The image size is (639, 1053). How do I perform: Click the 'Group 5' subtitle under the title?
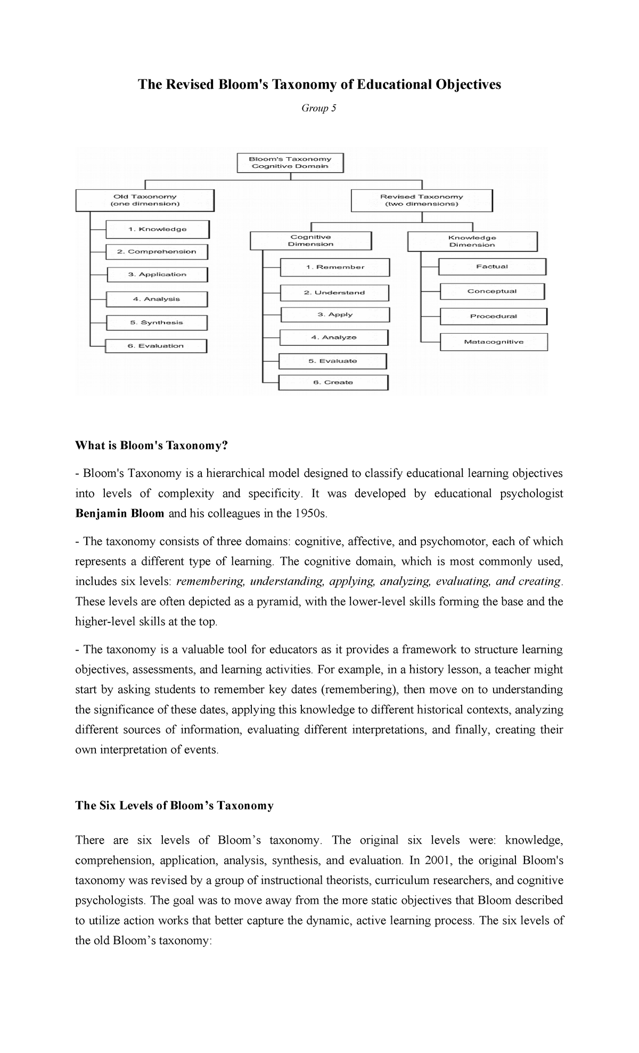coord(319,108)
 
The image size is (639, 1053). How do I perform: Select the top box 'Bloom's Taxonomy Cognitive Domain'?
coord(290,163)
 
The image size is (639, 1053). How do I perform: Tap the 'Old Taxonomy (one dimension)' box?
coord(145,200)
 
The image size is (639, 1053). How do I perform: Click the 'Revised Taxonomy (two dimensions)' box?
coord(422,200)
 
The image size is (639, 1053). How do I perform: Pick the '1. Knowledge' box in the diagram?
coord(158,229)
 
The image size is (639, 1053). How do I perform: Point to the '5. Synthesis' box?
coord(157,322)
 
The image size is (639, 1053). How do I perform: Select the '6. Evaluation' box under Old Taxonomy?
coord(155,346)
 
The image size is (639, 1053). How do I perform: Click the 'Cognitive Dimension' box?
coord(310,240)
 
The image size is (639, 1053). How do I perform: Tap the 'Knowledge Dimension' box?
coord(472,241)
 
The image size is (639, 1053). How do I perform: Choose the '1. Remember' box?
coord(335,267)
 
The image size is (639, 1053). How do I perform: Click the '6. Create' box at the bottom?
coord(333,382)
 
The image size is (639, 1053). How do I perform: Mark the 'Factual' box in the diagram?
coord(492,266)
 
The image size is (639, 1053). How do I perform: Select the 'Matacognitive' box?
coord(494,342)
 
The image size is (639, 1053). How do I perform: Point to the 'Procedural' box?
coord(493,316)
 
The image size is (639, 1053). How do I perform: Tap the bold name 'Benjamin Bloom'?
coord(120,514)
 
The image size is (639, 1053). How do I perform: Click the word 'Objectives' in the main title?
coord(468,85)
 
